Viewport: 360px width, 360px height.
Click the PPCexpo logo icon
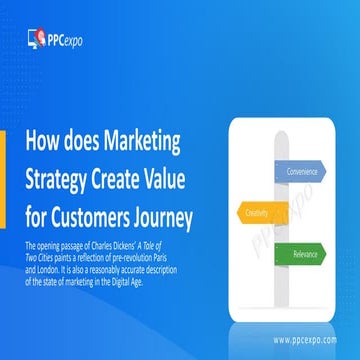tap(35, 39)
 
